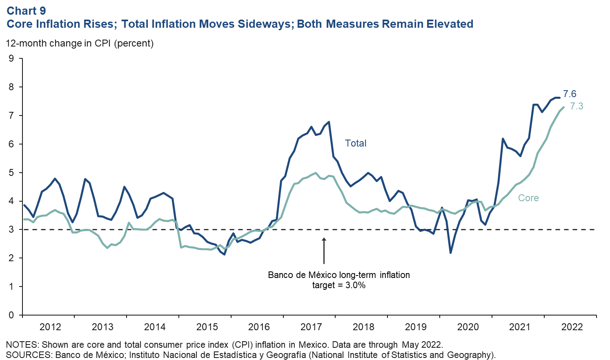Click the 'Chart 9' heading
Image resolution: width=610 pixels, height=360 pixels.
click(x=26, y=11)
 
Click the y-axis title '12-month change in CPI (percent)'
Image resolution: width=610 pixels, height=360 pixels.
click(x=80, y=43)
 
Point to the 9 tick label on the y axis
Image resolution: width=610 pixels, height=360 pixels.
click(x=11, y=59)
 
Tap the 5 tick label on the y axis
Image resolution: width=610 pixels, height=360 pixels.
click(x=11, y=173)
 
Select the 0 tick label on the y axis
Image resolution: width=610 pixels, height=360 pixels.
click(x=11, y=315)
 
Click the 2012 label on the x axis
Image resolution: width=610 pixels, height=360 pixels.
click(x=50, y=327)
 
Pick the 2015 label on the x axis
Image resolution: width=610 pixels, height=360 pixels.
click(x=207, y=327)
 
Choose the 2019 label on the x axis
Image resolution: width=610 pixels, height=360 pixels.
click(x=416, y=327)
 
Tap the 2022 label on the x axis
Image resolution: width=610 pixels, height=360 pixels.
click(x=572, y=327)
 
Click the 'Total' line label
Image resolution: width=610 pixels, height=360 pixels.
click(x=356, y=143)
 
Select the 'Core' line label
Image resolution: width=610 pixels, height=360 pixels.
click(x=528, y=198)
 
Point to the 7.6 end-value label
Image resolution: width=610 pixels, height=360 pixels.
click(x=570, y=94)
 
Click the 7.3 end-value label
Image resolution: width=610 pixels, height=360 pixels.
click(x=577, y=106)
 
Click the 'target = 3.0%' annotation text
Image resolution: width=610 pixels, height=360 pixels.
click(x=339, y=285)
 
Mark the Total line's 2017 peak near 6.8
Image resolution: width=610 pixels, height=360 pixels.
click(x=329, y=122)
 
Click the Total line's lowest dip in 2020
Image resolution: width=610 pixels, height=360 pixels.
click(x=450, y=253)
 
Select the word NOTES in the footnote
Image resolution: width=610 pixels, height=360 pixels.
click(x=21, y=344)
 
